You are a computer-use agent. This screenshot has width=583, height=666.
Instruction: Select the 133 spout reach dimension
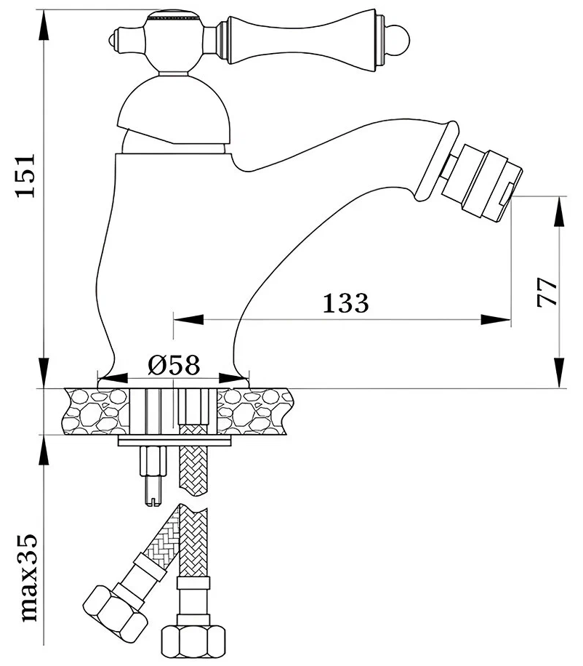(x=346, y=302)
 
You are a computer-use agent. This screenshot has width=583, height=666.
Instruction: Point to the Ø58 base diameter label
(x=174, y=365)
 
